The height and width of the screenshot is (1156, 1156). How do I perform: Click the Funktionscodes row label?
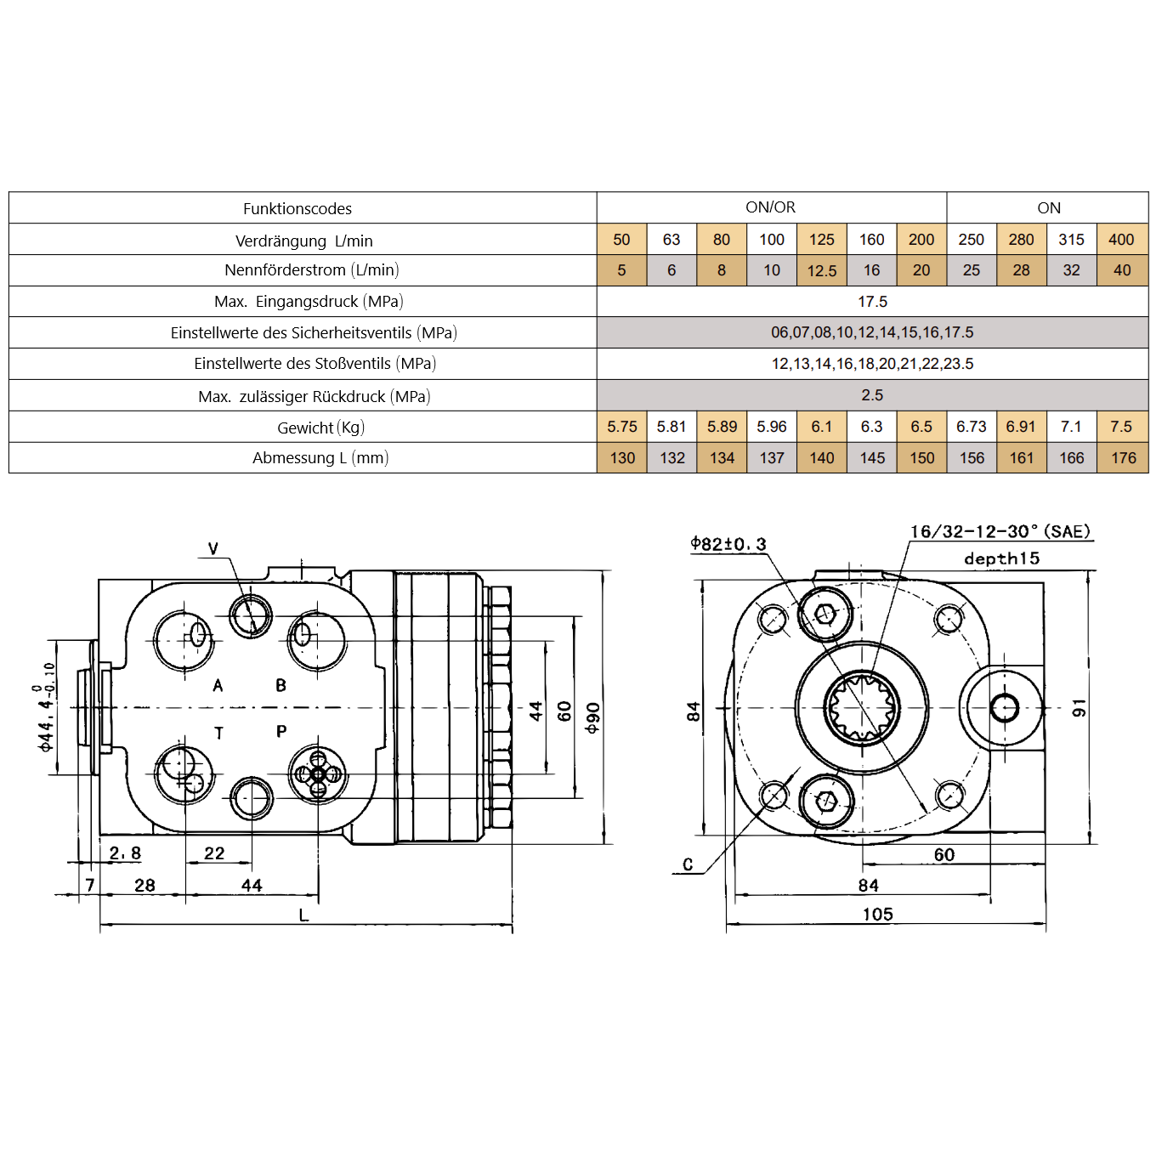(x=297, y=208)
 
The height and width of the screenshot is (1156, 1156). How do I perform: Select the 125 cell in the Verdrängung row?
(x=821, y=240)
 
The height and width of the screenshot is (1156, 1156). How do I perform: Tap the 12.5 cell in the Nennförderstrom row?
(x=821, y=271)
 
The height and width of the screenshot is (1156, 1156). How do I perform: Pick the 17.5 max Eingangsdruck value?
(x=872, y=302)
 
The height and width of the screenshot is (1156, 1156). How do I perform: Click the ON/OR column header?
(x=770, y=207)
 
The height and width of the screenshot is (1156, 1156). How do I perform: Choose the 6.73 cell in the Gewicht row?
(x=971, y=427)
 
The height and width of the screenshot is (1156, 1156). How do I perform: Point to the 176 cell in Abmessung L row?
(x=1123, y=458)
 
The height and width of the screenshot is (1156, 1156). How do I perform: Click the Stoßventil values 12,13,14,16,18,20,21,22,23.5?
(x=872, y=364)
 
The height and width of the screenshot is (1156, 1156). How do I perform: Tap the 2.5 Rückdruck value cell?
(x=872, y=395)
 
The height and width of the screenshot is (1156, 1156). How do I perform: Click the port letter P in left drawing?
(x=281, y=731)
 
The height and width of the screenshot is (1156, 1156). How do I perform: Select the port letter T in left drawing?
(x=218, y=733)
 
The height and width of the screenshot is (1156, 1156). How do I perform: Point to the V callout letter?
(x=213, y=549)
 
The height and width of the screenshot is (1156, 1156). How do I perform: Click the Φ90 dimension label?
(x=592, y=718)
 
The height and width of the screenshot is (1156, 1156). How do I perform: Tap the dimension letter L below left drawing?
(x=303, y=915)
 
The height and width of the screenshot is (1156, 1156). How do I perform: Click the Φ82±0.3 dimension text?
(x=728, y=544)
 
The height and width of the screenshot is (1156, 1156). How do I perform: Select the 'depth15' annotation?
(x=1001, y=558)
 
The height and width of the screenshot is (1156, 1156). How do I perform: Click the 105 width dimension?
(x=877, y=915)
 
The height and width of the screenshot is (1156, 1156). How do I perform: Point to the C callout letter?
(x=688, y=864)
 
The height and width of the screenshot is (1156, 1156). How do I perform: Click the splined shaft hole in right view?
(x=861, y=706)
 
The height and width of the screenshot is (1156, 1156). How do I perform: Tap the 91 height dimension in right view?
(x=1079, y=708)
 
